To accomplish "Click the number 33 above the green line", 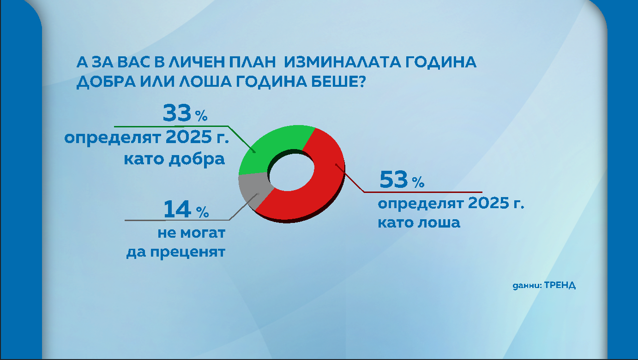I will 177,114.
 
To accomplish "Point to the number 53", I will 393,180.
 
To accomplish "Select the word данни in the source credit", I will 526,285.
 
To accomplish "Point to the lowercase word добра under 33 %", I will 200,159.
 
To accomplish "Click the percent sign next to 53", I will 418,183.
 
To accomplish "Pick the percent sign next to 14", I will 203,212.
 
